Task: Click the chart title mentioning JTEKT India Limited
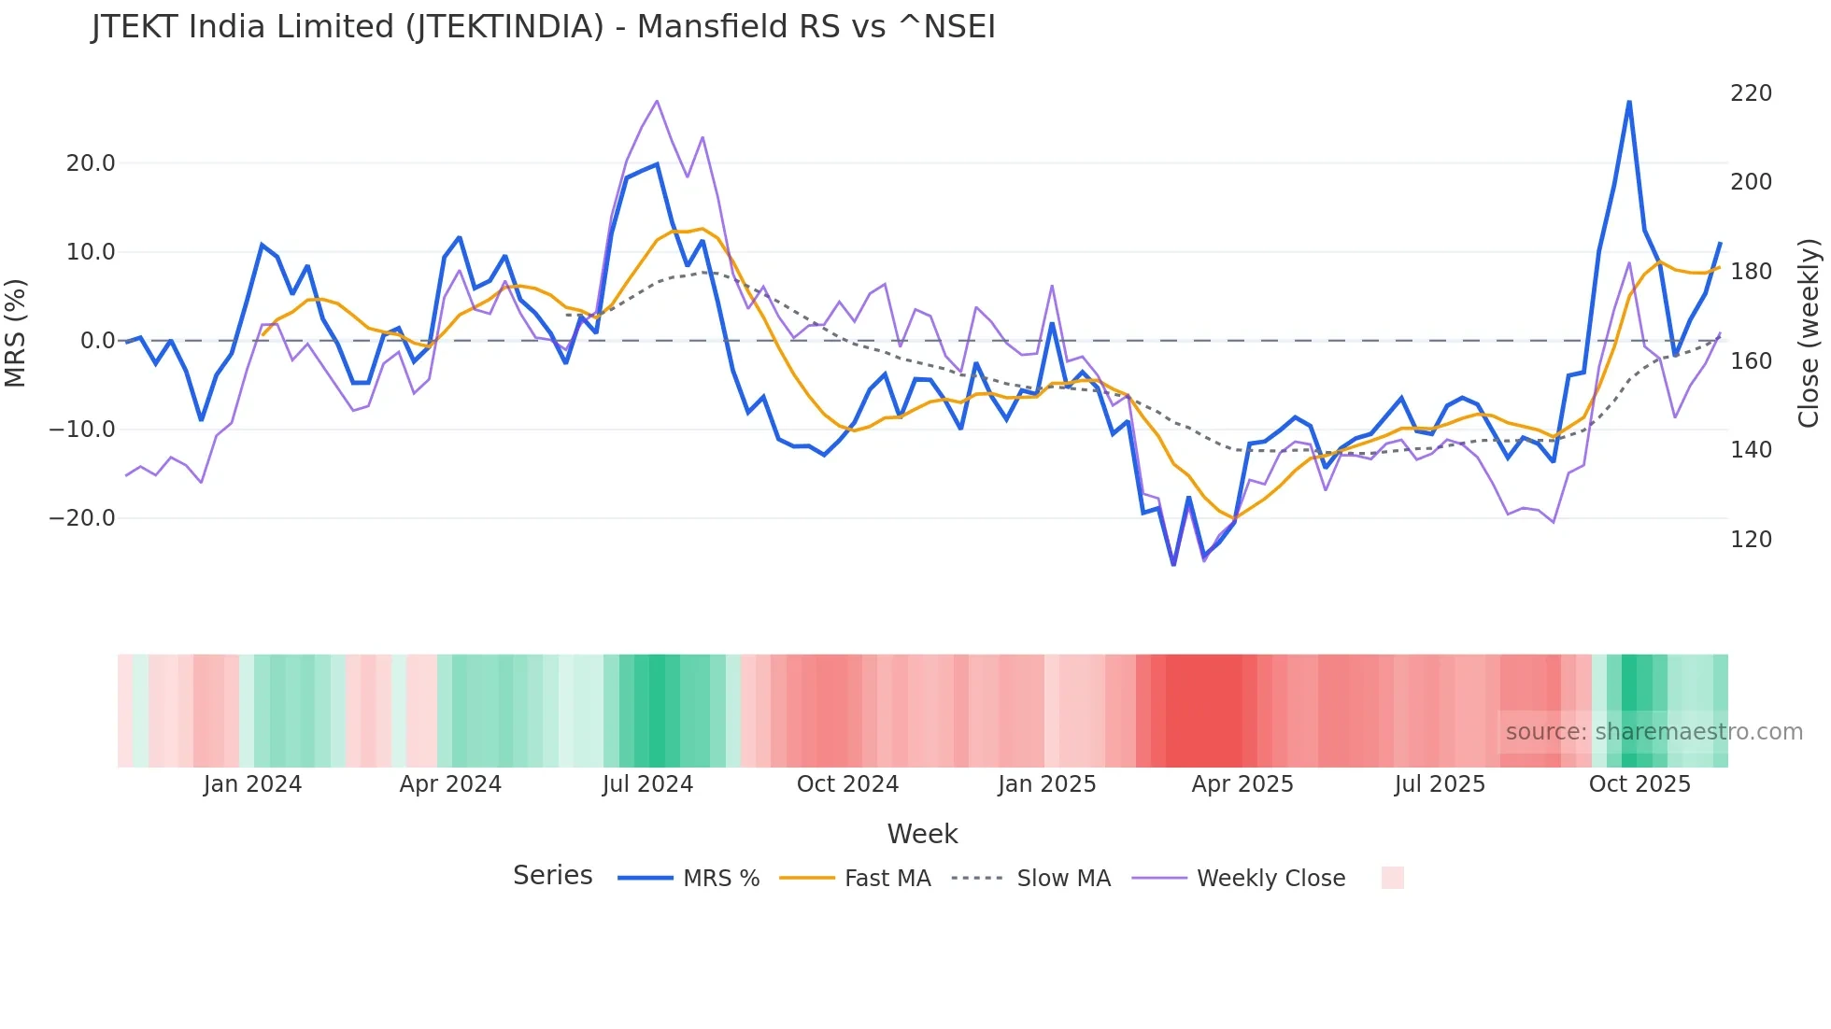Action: coord(544,27)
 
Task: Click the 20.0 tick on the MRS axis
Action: coord(91,163)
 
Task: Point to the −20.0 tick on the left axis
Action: coord(83,518)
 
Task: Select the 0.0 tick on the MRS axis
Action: coord(97,341)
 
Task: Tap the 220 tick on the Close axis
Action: coord(1751,93)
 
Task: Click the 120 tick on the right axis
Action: coord(1751,540)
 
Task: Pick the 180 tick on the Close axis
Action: coord(1751,272)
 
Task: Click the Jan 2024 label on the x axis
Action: coord(252,784)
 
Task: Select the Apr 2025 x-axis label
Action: coord(1242,784)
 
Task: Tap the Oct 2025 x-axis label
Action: coord(1639,784)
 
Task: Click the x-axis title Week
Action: coord(922,834)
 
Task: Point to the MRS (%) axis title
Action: coord(16,332)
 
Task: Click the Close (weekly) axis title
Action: coord(1809,333)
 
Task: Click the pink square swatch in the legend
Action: coord(1392,878)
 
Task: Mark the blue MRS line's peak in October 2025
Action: coord(1629,102)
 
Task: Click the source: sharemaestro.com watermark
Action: coord(1654,732)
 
